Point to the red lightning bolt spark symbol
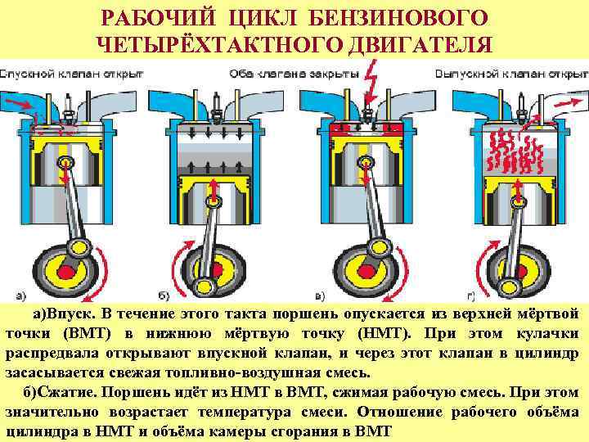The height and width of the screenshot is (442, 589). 370,83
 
